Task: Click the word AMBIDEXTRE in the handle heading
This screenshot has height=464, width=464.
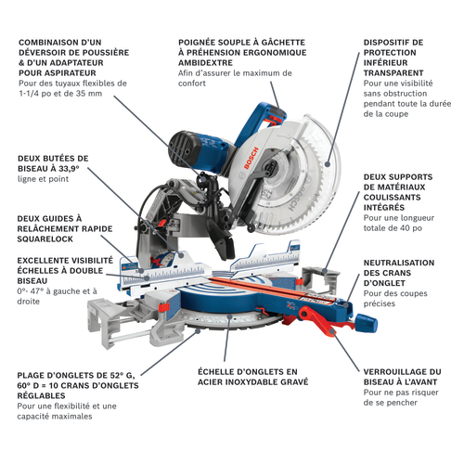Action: (205, 63)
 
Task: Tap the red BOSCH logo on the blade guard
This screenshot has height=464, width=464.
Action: (251, 158)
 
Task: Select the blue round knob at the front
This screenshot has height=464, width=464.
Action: (367, 322)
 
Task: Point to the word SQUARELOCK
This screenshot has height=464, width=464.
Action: (45, 239)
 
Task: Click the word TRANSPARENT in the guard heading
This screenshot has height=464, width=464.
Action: (393, 73)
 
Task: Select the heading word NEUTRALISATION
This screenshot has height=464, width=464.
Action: (399, 263)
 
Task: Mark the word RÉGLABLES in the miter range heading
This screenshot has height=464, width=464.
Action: (41, 395)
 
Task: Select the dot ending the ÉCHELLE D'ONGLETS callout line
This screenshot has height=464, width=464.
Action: (229, 316)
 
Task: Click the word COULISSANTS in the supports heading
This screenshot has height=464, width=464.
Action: (393, 198)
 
